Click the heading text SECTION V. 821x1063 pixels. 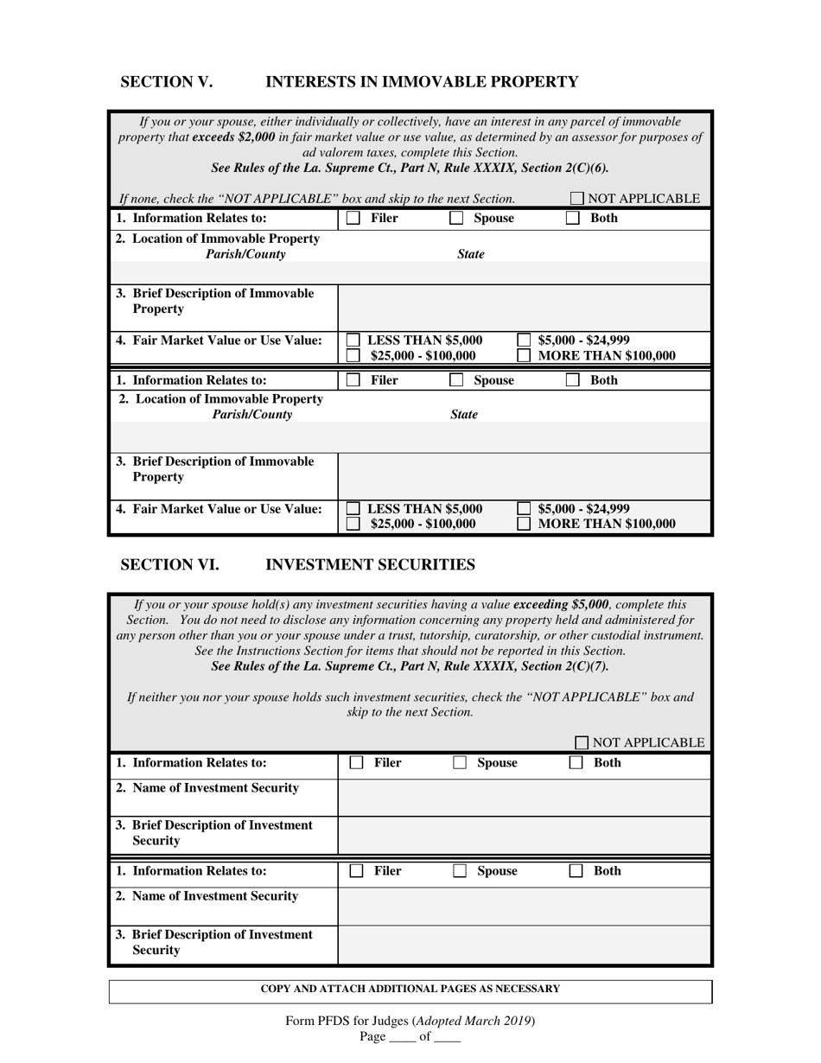[166, 82]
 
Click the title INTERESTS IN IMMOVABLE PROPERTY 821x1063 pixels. [421, 82]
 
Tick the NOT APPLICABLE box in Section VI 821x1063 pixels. [582, 742]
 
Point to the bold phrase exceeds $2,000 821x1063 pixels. [233, 137]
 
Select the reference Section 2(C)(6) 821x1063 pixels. [561, 168]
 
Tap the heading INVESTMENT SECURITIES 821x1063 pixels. [370, 565]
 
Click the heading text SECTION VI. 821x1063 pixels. [169, 565]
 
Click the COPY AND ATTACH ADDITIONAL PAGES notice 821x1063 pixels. [410, 990]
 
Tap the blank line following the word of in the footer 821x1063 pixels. [447, 1037]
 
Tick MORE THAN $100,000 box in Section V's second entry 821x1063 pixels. [524, 524]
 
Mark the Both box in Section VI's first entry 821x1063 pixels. [576, 763]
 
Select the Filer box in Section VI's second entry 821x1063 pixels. [356, 871]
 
